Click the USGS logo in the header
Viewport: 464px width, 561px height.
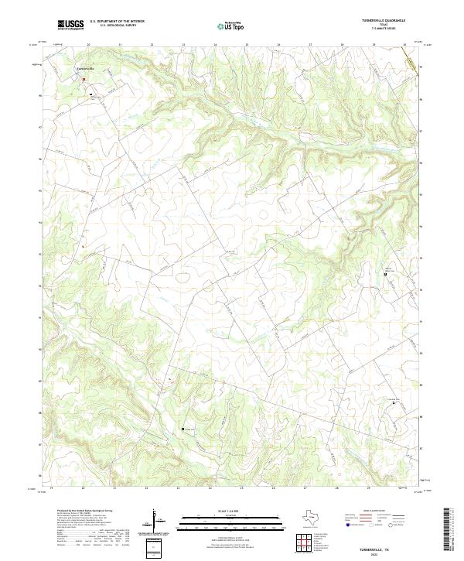click(x=71, y=25)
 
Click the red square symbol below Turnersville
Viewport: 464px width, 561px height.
click(x=84, y=77)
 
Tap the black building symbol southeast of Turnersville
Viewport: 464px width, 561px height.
click(x=91, y=96)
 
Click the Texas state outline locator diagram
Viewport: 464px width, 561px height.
click(x=315, y=516)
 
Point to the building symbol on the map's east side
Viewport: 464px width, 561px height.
click(x=387, y=273)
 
